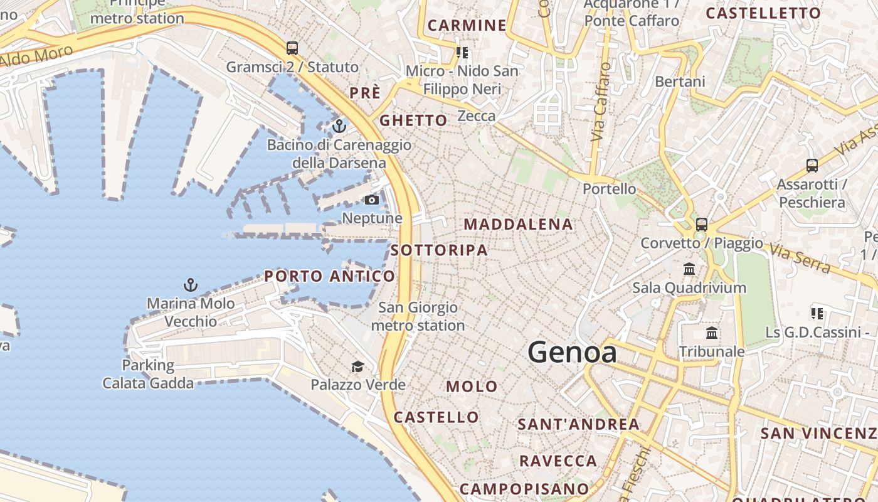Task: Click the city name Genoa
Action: [x=572, y=352]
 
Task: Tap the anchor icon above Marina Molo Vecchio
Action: [x=191, y=285]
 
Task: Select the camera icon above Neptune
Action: [x=372, y=200]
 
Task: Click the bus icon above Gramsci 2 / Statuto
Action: [x=292, y=48]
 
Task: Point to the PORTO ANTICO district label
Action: [x=330, y=276]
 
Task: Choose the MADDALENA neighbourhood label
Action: [x=518, y=224]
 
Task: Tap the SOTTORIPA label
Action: [x=439, y=250]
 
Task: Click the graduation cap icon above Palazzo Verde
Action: [x=357, y=366]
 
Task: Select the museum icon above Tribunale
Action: [x=712, y=333]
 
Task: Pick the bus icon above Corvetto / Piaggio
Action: [x=702, y=224]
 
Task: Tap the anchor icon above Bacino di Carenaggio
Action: [x=339, y=126]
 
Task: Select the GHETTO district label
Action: [x=414, y=120]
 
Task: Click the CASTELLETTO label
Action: [x=763, y=13]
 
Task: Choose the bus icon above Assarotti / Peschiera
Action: [x=812, y=166]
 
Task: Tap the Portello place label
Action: [x=609, y=189]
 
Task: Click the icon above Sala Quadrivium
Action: [x=690, y=269]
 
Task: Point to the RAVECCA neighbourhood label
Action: [x=558, y=461]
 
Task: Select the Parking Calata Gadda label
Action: [x=149, y=374]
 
